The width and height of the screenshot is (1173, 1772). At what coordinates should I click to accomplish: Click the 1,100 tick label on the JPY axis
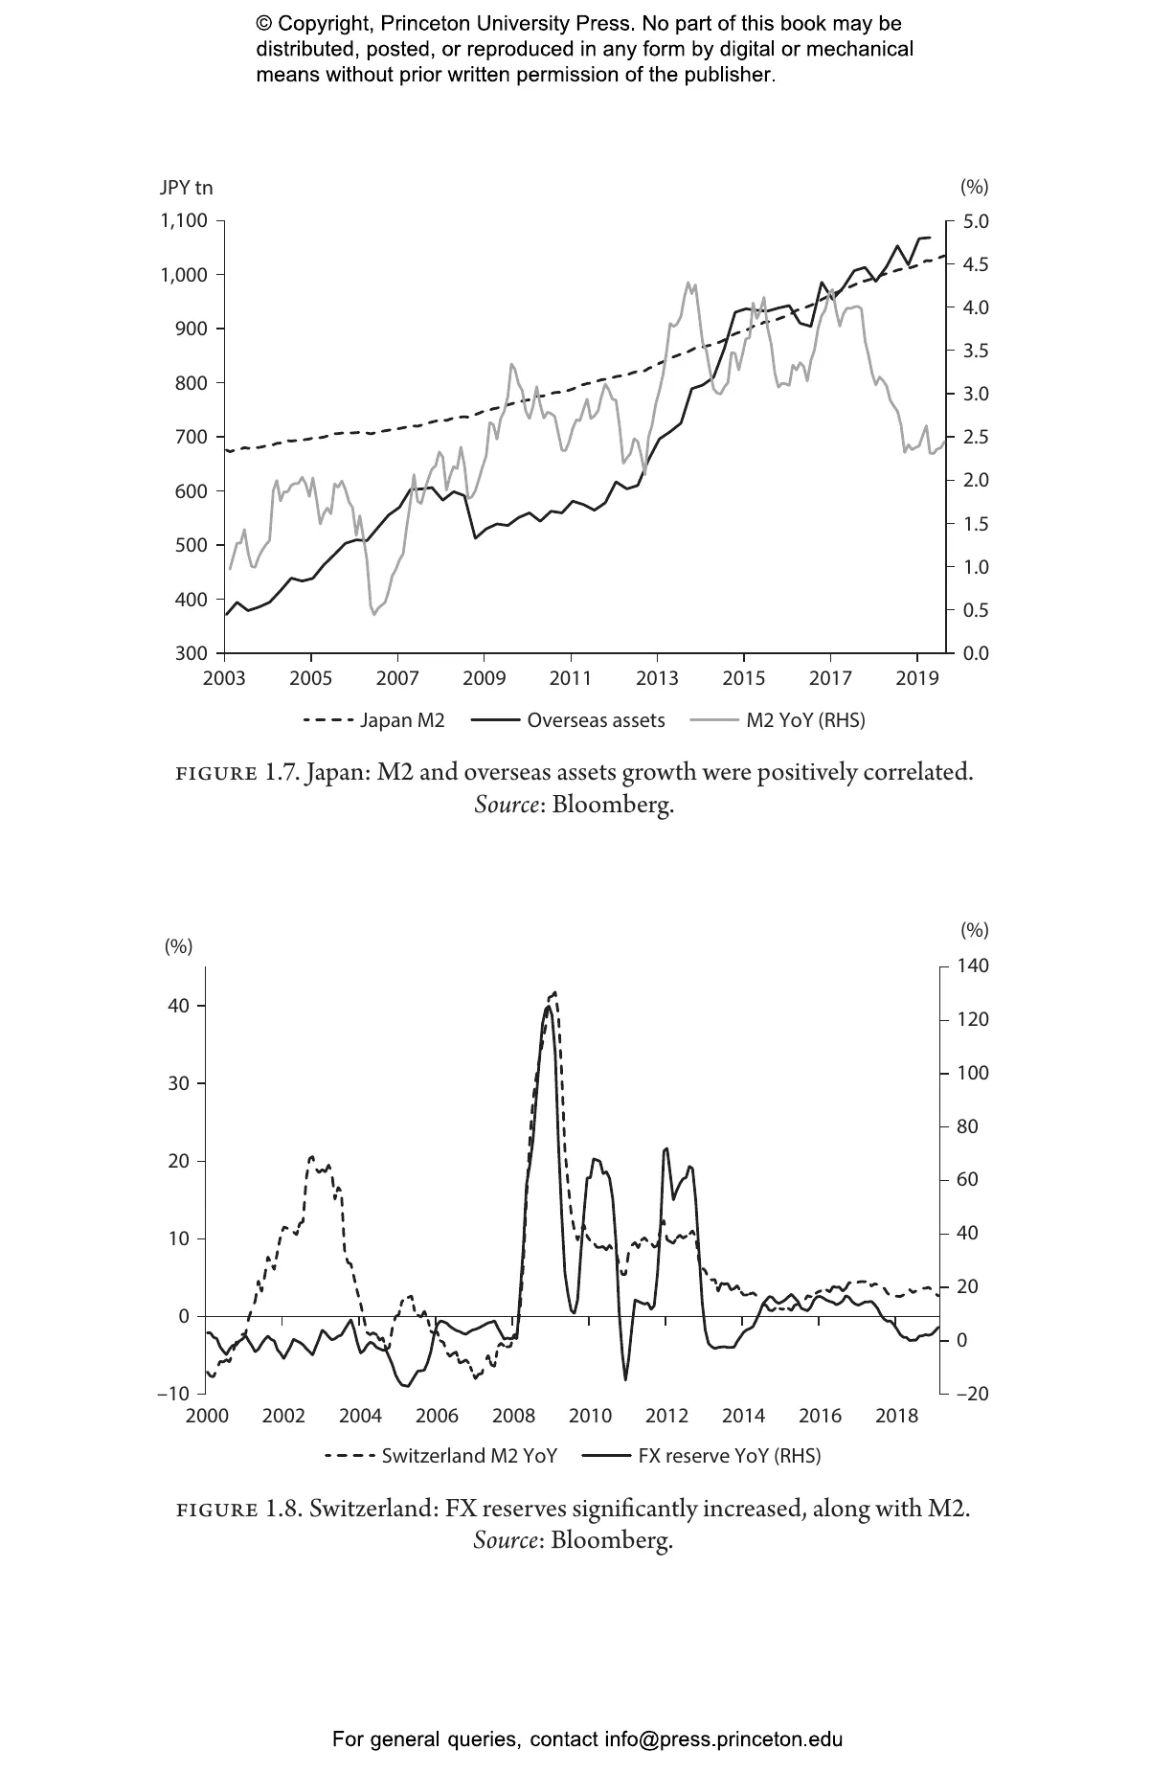coord(183,221)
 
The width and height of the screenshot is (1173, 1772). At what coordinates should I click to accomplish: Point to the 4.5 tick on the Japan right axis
coord(975,264)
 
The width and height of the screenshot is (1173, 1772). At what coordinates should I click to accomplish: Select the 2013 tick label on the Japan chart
coord(657,679)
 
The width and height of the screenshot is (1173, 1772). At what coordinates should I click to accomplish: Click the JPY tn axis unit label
coord(186,188)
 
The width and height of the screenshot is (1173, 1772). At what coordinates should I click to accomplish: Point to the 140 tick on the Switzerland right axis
coord(974,966)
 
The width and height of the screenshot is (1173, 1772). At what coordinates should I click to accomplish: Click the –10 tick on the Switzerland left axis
coord(173,1394)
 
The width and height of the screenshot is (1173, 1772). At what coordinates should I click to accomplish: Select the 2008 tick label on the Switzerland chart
coord(513,1416)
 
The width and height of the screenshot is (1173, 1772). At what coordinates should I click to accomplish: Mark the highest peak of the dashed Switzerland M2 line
coord(554,993)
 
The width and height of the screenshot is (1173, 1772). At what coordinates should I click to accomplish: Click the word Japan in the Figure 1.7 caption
coord(336,772)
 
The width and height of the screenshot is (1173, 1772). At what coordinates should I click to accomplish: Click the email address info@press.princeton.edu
coord(723,1738)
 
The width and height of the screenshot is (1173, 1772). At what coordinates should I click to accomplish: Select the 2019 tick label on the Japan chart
coord(916,679)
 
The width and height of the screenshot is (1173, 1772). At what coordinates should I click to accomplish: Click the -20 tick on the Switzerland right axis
coord(972,1394)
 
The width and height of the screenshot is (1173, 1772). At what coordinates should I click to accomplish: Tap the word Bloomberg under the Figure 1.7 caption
coord(613,804)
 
